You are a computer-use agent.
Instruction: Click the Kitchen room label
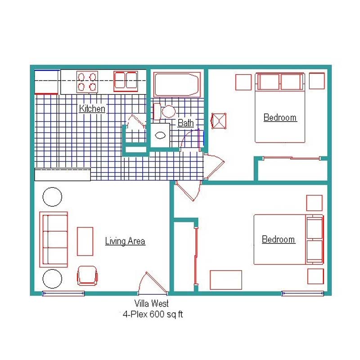(92, 108)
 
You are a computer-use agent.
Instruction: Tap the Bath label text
(185, 123)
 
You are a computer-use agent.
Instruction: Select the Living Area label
(125, 241)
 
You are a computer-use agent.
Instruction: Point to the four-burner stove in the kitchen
(87, 82)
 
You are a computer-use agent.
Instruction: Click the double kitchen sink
(126, 81)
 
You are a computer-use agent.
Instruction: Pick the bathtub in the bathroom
(177, 85)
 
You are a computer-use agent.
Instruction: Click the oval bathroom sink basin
(160, 135)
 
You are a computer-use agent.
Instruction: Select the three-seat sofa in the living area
(54, 239)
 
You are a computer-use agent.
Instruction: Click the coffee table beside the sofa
(85, 241)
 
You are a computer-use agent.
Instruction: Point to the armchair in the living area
(87, 275)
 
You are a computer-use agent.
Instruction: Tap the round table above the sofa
(52, 197)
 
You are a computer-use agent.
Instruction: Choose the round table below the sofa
(52, 279)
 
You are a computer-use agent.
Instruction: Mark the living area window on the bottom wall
(63, 293)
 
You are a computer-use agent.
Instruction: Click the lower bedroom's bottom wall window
(302, 293)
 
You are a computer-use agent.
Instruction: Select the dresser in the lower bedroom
(226, 280)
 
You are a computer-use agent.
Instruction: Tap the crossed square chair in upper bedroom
(219, 121)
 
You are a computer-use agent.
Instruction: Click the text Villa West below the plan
(152, 303)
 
